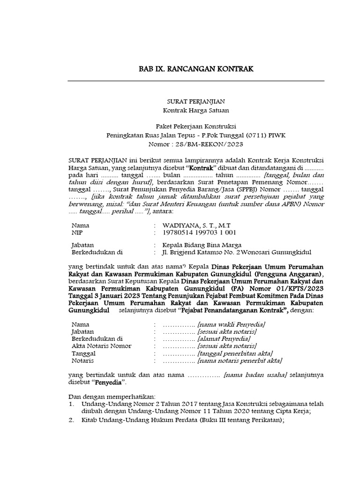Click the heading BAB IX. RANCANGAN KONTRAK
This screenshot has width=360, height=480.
(x=195, y=69)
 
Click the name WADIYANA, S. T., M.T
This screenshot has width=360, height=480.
(x=200, y=225)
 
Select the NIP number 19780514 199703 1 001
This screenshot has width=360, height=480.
(x=199, y=232)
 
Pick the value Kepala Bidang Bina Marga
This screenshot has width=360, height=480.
(x=202, y=245)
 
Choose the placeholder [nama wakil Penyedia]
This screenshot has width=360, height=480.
(x=232, y=324)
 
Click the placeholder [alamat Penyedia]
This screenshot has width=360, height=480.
(x=224, y=339)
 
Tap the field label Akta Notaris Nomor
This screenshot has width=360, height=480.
(x=101, y=346)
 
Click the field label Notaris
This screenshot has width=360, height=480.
(x=82, y=361)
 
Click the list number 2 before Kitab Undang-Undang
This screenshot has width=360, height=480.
(x=71, y=420)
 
